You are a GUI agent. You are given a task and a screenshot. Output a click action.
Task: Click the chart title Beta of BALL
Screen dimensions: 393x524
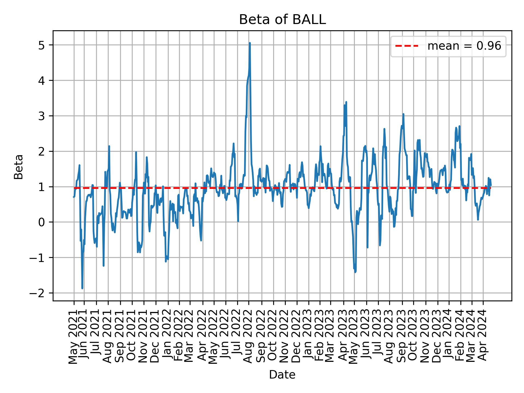point(282,20)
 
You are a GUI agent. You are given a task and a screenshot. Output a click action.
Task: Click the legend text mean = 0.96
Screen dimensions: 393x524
point(464,46)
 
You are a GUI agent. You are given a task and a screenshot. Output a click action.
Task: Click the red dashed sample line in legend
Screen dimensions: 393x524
point(407,46)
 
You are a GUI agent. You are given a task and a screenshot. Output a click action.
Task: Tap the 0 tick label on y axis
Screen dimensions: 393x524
point(41,222)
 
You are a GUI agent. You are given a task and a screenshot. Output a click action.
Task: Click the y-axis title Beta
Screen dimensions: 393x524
point(19,167)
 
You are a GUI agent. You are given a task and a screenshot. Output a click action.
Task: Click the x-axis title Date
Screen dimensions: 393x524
point(282,375)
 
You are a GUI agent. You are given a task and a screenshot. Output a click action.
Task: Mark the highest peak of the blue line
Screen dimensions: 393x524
point(250,43)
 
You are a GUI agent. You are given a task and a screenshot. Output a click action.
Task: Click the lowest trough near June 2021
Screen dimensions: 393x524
point(82,288)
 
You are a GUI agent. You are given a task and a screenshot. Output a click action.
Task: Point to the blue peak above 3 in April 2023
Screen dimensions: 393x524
point(346,102)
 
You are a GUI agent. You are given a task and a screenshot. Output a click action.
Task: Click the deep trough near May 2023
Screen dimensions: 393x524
point(355,272)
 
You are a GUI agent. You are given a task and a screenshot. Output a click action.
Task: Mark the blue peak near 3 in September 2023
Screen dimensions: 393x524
point(403,114)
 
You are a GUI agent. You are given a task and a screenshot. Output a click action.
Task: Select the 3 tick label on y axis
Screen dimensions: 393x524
point(41,116)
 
